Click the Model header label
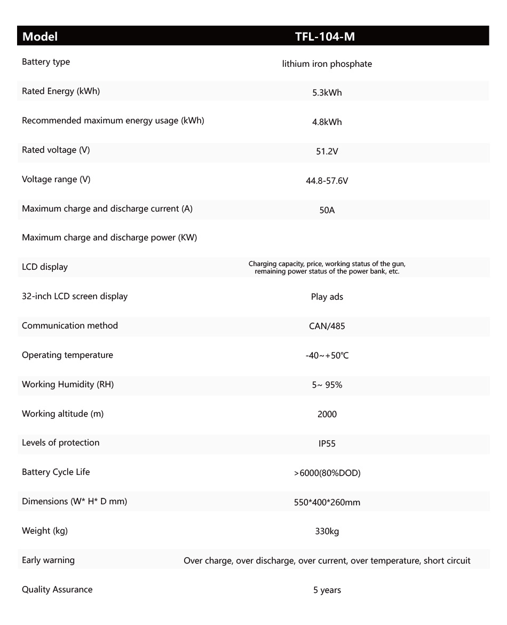[40, 37]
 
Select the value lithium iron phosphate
[327, 64]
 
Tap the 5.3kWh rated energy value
[327, 93]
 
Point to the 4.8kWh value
[327, 122]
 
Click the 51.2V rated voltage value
[327, 152]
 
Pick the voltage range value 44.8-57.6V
[327, 181]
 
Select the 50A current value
[327, 210]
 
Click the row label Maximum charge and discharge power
[109, 238]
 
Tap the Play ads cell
[327, 297]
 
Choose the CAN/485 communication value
[327, 326]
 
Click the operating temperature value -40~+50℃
[327, 356]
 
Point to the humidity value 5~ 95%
[327, 385]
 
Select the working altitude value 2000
[327, 415]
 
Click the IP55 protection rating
[327, 444]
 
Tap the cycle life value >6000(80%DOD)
[327, 473]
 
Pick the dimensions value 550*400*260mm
[327, 503]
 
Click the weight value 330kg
[327, 532]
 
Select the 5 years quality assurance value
[327, 590]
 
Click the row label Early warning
[48, 560]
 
